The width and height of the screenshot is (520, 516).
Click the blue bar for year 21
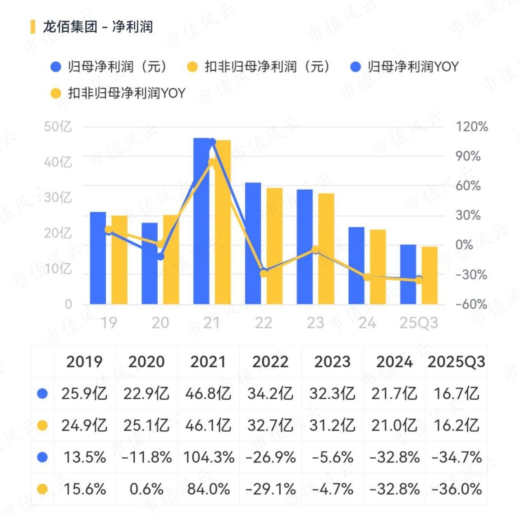pos(201,221)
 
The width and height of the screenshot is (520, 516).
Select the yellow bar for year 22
pos(274,246)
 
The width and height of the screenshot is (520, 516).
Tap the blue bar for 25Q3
pos(408,274)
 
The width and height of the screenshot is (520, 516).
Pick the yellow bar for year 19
pos(119,260)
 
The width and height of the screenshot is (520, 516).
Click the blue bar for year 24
pos(356,265)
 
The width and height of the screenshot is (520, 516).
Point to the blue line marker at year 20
pos(160,256)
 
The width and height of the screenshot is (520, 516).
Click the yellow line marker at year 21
pos(212,162)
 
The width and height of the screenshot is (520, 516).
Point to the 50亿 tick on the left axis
pos(58,127)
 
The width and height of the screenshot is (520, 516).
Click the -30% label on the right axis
pos(471,274)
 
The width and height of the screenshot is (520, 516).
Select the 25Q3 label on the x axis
pos(419,323)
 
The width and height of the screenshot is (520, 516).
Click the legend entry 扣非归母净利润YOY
pos(118,93)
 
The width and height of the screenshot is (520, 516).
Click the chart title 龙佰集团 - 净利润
pos(98,27)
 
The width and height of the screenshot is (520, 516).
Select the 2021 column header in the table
pos(208,362)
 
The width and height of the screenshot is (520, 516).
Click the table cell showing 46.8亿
pos(208,393)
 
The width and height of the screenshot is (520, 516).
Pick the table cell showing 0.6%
pos(146,489)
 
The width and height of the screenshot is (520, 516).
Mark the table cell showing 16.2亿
pos(456,425)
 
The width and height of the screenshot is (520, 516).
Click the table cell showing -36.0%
pos(456,489)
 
